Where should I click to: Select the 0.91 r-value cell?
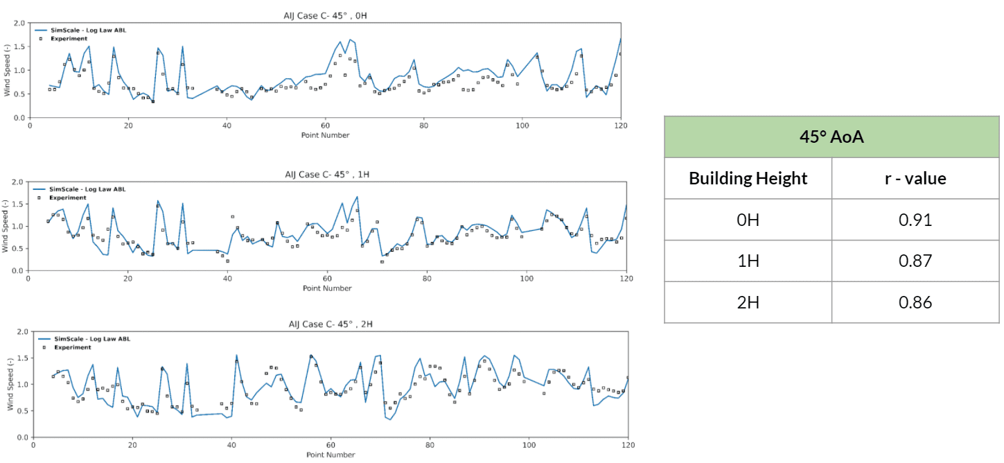pyautogui.click(x=915, y=220)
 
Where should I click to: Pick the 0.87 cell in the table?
pyautogui.click(x=915, y=261)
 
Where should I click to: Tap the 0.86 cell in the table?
pyautogui.click(x=915, y=302)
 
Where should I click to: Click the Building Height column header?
pyautogui.click(x=748, y=178)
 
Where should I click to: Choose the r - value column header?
pyautogui.click(x=915, y=178)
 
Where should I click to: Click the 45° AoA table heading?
pyautogui.click(x=831, y=137)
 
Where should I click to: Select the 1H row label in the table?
pyautogui.click(x=748, y=261)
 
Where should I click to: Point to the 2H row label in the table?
pyautogui.click(x=748, y=302)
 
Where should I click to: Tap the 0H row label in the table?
pyautogui.click(x=748, y=220)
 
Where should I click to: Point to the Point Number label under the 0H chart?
pyautogui.click(x=325, y=135)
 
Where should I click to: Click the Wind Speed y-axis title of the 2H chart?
pyautogui.click(x=10, y=385)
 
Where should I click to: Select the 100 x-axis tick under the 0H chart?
pyautogui.click(x=522, y=126)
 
